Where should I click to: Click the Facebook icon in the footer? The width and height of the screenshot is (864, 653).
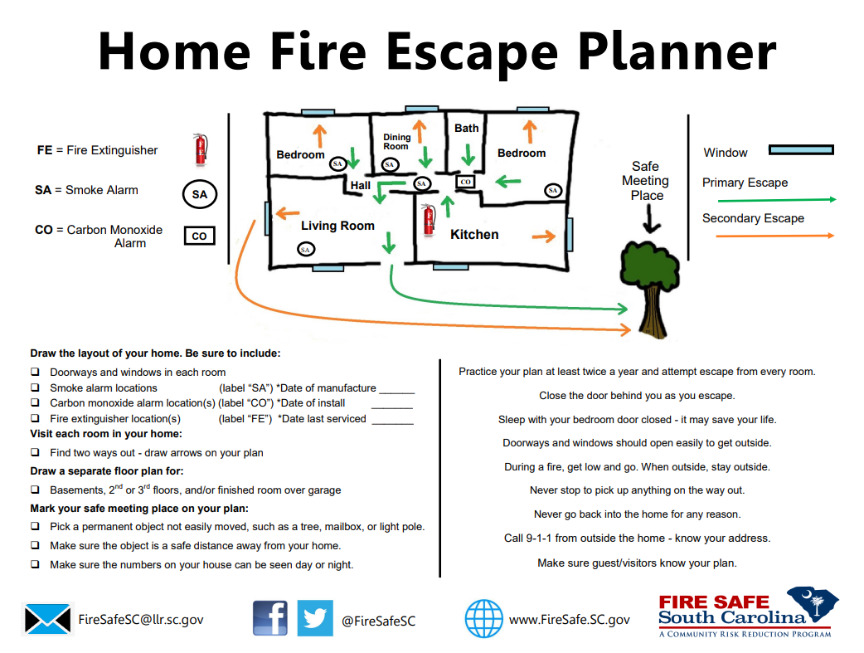270,618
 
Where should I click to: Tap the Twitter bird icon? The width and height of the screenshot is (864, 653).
315,618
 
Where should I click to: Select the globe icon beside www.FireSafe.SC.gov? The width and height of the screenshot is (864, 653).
484,619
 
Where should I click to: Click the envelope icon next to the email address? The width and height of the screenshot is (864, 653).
47,619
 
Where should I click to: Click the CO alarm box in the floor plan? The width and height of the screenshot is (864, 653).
465,182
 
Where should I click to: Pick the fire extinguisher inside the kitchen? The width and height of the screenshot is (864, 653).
429,219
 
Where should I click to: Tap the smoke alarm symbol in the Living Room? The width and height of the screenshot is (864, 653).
305,249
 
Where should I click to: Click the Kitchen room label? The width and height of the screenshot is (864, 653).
474,235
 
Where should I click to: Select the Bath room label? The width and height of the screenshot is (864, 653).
467,128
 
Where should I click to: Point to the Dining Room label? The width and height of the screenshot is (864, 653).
396,142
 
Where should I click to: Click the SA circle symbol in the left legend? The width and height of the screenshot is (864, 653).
199,195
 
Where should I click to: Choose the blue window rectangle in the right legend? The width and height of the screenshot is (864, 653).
801,150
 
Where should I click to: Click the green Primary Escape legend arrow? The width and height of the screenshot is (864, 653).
776,200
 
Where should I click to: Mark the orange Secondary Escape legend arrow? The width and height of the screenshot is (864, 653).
776,236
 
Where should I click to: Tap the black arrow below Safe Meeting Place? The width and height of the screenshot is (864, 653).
653,219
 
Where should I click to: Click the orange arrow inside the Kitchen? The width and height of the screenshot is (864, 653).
544,237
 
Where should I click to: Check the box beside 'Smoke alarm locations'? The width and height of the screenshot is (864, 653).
35,388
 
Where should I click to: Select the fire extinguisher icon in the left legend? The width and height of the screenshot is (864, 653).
200,149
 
